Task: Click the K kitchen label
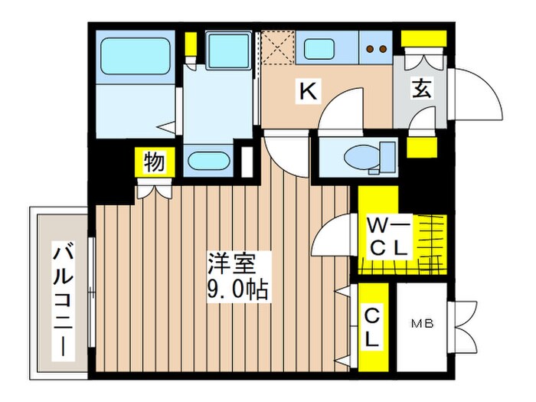click(307, 91)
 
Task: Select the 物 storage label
click(154, 162)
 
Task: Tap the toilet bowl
click(360, 157)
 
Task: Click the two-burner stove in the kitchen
click(377, 48)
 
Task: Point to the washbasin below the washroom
click(208, 162)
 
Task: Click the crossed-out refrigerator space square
click(276, 47)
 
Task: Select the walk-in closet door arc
click(335, 237)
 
